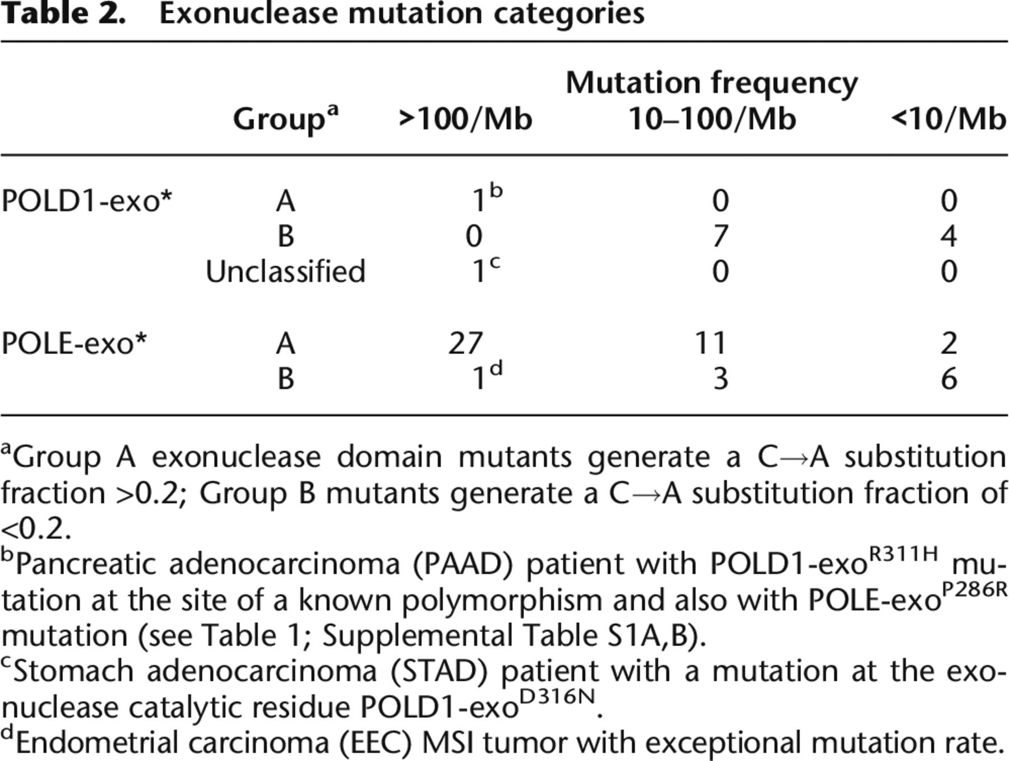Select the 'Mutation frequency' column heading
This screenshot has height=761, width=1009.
pos(711,84)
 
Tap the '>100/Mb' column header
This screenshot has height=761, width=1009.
pos(465,119)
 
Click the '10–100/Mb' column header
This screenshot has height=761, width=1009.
pos(712,119)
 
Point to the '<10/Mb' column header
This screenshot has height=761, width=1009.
pos(948,119)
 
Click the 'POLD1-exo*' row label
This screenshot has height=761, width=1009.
pos(86,201)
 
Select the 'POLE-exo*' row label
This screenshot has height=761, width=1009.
pos(73,343)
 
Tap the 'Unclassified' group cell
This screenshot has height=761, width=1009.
pos(285,272)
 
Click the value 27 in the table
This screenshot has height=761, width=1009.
pos(465,343)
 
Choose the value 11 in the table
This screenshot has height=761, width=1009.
pos(711,343)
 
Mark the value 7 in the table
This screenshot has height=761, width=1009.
pos(720,236)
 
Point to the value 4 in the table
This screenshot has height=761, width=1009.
pos(948,236)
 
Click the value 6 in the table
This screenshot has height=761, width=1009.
pos(948,379)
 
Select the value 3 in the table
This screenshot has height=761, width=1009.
pos(720,379)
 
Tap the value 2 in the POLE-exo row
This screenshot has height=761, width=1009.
pos(948,343)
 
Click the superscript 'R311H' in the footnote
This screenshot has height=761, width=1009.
pos(903,554)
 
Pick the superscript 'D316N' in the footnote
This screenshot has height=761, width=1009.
pos(557,698)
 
